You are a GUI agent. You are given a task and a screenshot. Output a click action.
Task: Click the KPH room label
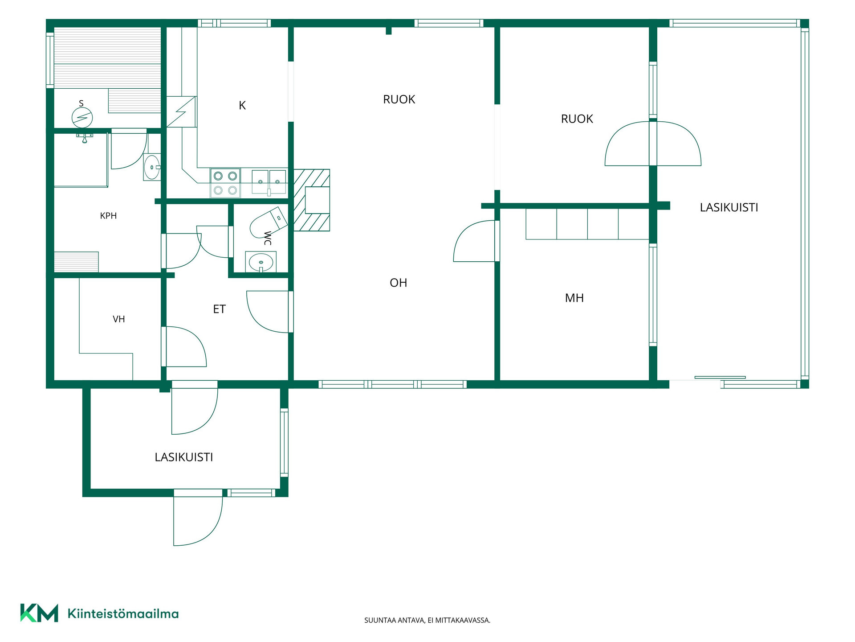[x=108, y=216]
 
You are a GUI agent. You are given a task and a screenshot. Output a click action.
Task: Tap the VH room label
[x=118, y=319]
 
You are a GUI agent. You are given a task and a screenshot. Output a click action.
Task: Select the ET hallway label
[x=219, y=309]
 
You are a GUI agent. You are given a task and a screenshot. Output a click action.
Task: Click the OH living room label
[x=398, y=283]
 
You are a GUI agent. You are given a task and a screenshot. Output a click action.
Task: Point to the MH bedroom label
[x=574, y=298]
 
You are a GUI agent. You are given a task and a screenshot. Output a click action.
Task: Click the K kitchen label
[x=242, y=105]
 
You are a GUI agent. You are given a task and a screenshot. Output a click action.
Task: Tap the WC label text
[x=268, y=238]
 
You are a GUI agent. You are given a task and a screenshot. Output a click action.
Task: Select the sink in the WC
[x=261, y=262]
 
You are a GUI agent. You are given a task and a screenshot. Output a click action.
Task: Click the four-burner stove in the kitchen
[x=225, y=183]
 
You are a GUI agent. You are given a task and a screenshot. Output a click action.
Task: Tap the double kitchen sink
[x=269, y=182]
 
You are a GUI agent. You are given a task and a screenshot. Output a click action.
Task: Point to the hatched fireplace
[x=312, y=200]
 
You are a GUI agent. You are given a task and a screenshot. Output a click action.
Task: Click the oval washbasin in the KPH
[x=152, y=167]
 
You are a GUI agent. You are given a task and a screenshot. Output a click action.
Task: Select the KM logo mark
[x=39, y=613]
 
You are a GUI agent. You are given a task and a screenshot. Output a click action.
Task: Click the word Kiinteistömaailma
[x=123, y=614]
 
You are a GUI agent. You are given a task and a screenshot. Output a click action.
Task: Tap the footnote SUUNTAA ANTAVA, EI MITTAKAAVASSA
[x=427, y=620]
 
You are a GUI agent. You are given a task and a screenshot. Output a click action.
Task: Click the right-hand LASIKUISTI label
[x=729, y=207]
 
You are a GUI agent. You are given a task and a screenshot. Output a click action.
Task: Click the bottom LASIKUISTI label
[x=184, y=457]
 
